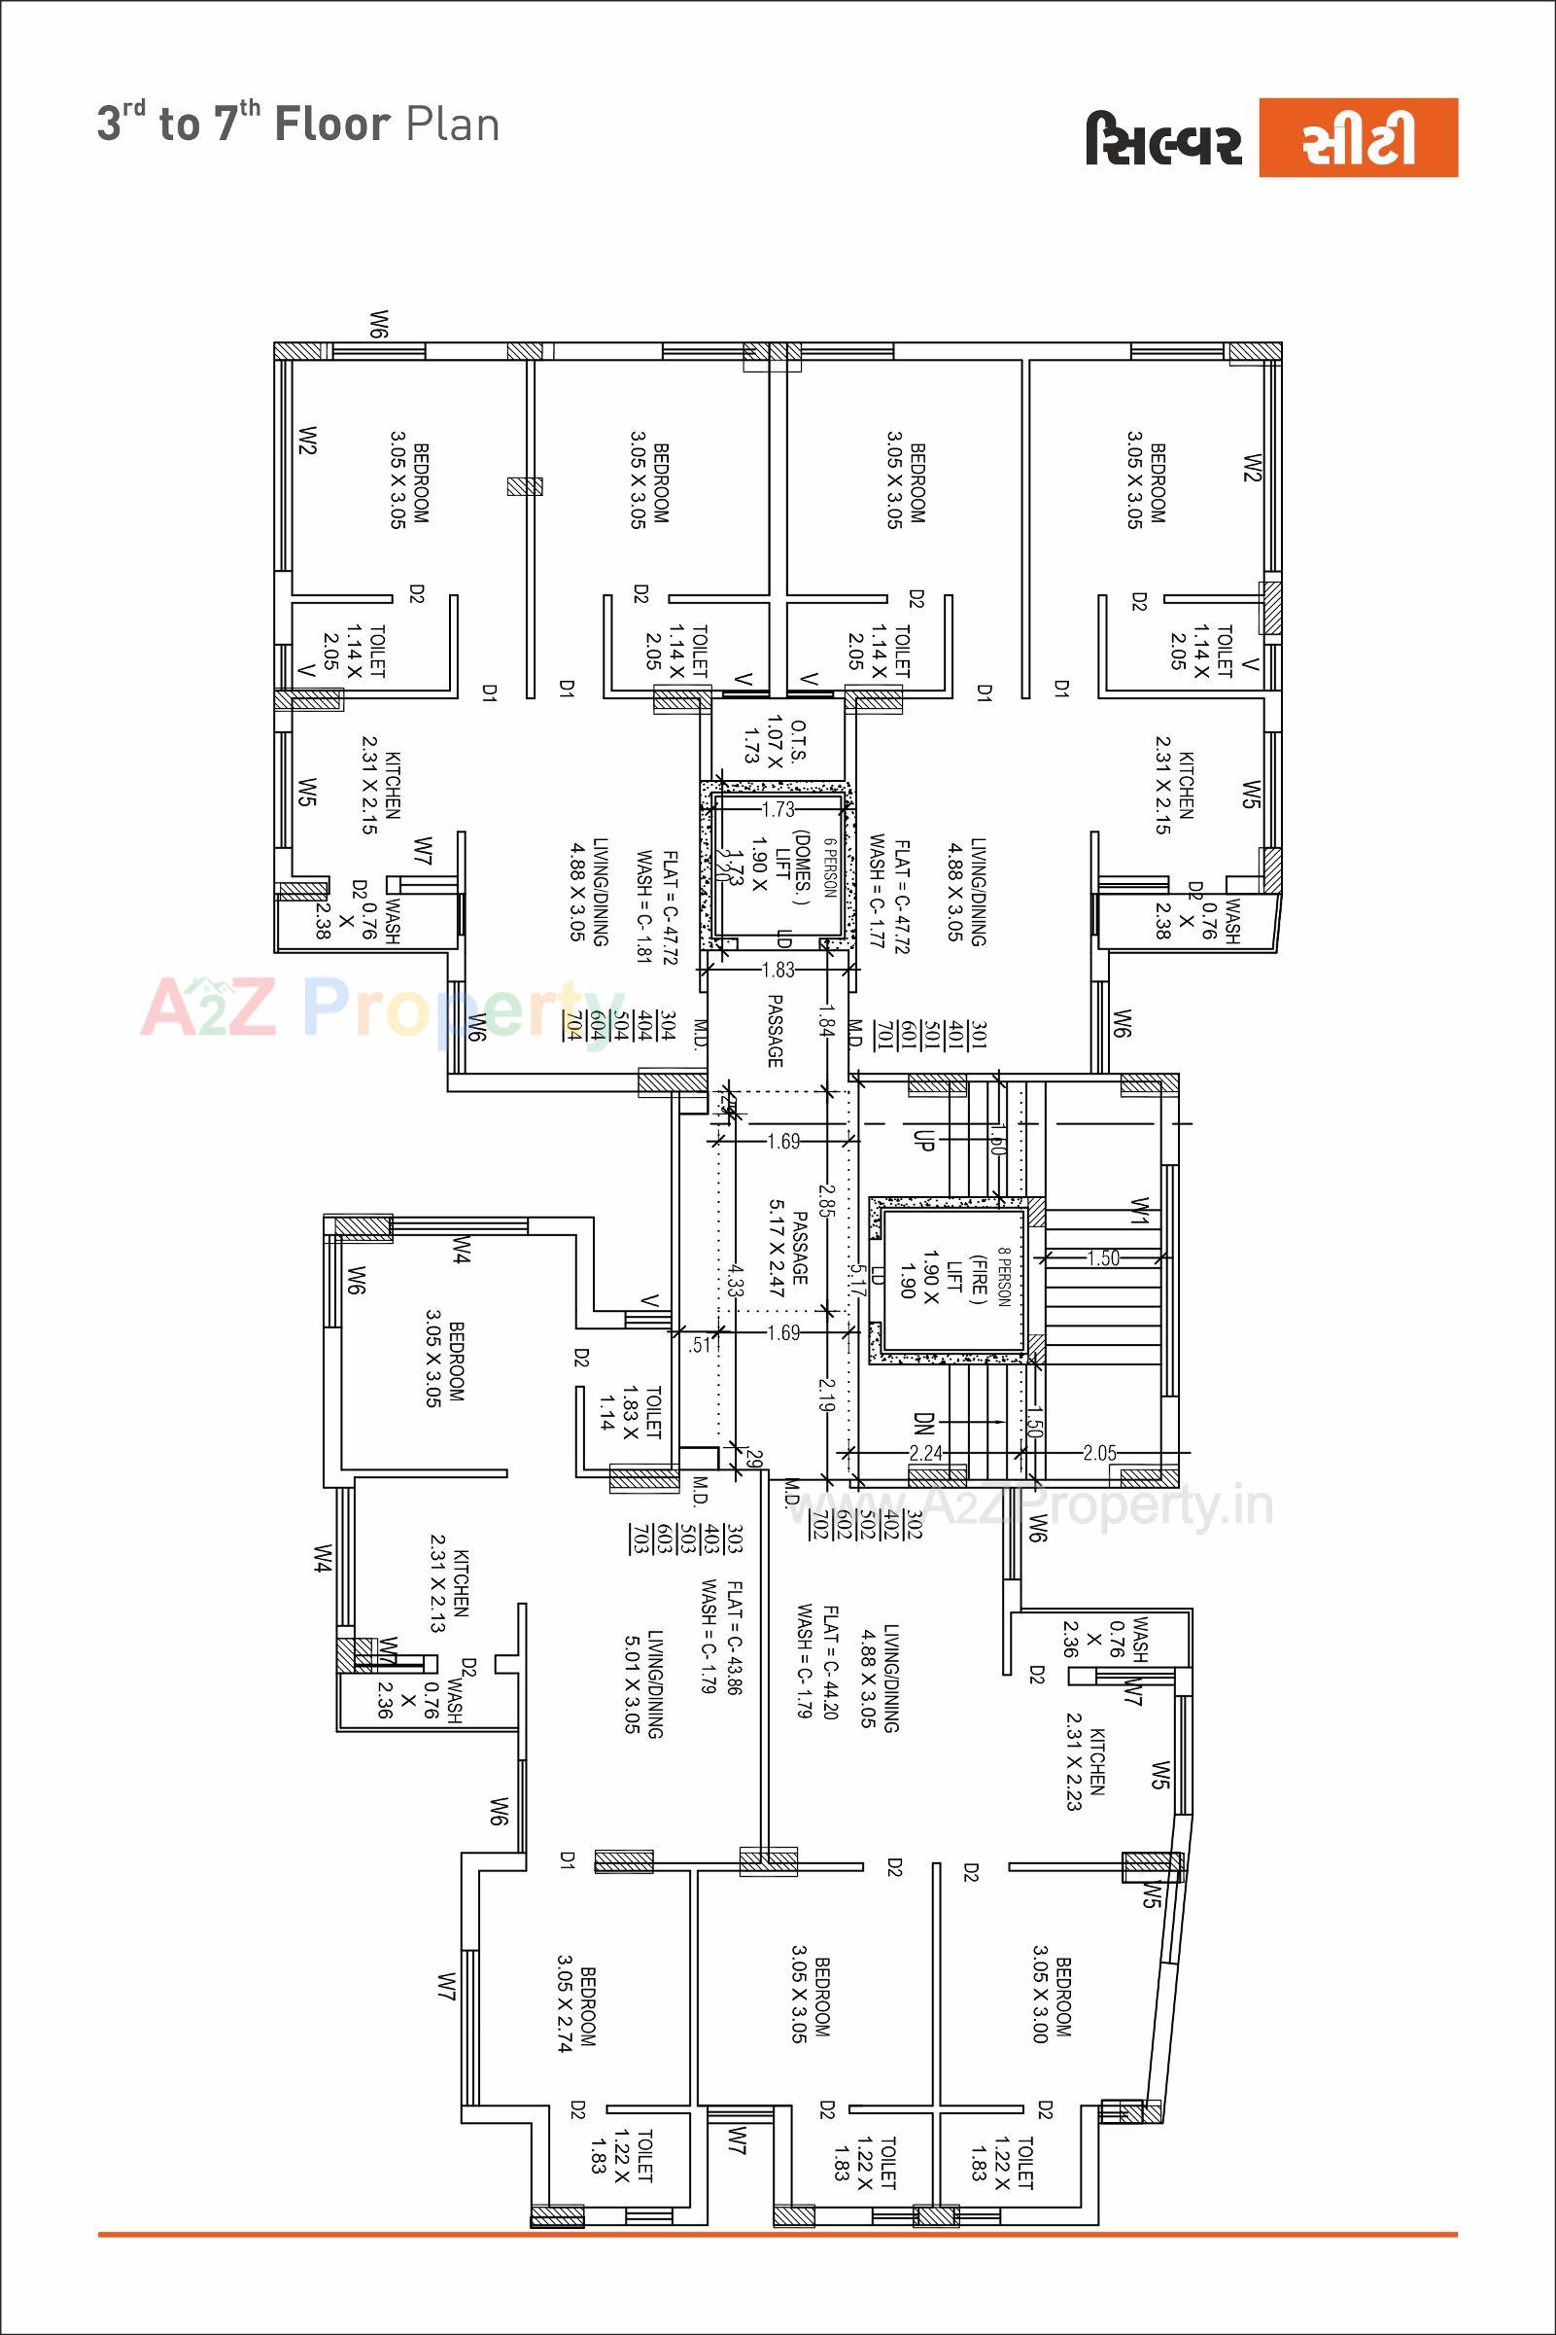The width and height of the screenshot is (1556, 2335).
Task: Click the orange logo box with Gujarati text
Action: pyautogui.click(x=1358, y=137)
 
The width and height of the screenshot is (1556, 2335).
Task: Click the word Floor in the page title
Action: pyautogui.click(x=332, y=125)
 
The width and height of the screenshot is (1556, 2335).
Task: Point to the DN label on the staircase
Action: pyautogui.click(x=923, y=1425)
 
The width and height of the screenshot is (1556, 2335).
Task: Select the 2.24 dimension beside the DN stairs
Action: pyautogui.click(x=926, y=1452)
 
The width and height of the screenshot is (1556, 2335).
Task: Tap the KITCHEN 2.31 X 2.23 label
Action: pyautogui.click(x=1085, y=1768)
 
